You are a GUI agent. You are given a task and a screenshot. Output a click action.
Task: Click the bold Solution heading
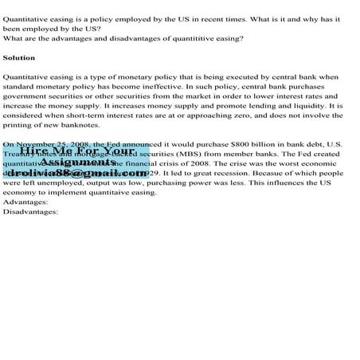(19, 58)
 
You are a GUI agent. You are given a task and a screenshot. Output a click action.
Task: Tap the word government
(27, 96)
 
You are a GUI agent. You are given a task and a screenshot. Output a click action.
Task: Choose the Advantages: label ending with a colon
(25, 202)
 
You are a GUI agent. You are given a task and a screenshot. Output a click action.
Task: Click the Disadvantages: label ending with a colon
(30, 211)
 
